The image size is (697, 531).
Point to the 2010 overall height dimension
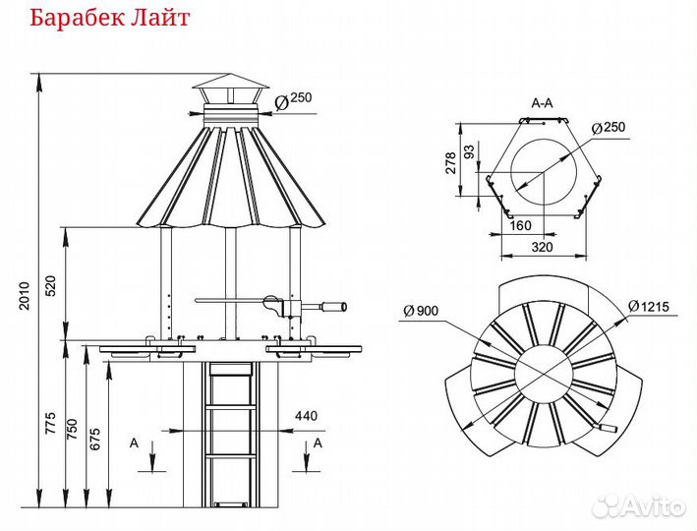(x=24, y=296)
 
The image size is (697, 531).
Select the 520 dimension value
(x=51, y=286)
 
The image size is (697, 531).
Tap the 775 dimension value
(x=50, y=423)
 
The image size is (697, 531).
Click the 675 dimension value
(x=94, y=439)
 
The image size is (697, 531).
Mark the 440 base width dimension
(x=307, y=416)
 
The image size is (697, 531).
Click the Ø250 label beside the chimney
(x=293, y=100)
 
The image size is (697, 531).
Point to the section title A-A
(x=543, y=103)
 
